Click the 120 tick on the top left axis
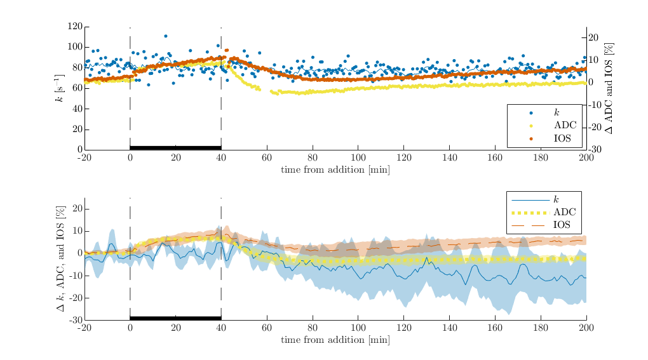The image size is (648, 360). point(75,27)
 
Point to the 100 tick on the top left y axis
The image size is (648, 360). point(75,47)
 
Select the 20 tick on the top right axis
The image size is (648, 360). point(593,37)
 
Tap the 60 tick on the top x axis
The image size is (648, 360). point(267,157)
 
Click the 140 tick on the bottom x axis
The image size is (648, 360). point(450,328)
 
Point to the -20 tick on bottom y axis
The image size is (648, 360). point(76,298)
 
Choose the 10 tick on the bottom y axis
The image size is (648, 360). point(78,231)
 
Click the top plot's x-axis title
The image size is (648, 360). point(335,170)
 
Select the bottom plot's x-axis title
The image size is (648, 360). point(335,340)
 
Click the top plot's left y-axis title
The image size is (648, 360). point(60,88)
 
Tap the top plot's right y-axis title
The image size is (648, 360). point(609,88)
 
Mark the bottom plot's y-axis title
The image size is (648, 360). point(61,259)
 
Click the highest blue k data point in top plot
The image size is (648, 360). point(166,36)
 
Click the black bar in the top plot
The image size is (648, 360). point(175,147)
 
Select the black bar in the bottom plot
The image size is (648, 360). point(175,318)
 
